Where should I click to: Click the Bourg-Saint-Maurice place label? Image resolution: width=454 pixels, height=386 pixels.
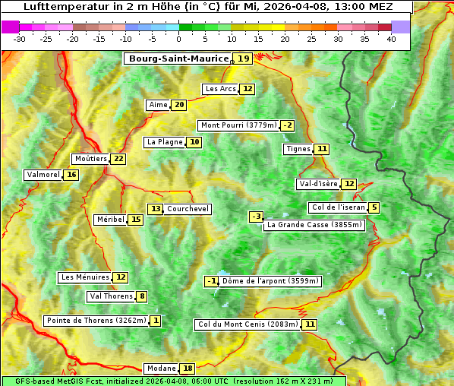(178, 59)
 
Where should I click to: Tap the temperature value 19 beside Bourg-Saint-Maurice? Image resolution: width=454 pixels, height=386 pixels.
(243, 59)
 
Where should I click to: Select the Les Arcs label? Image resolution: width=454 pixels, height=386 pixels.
(221, 89)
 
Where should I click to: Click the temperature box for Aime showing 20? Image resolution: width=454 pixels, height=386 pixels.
(178, 105)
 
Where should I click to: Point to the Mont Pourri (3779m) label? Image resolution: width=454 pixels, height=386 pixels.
(238, 125)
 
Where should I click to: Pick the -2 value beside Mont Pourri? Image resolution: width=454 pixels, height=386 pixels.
(287, 125)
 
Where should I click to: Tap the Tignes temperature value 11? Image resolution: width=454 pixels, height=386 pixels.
(323, 149)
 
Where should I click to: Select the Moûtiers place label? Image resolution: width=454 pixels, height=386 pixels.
(90, 159)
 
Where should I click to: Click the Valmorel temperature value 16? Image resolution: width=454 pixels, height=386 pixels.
(71, 175)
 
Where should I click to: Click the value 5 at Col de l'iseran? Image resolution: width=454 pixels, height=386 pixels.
(374, 207)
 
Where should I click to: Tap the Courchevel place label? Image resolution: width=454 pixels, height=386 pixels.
(188, 209)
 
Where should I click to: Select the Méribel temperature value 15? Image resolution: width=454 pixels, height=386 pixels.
(135, 220)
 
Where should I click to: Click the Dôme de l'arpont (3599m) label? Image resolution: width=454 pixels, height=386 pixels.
(271, 281)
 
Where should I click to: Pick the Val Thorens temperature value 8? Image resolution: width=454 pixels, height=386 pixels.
(142, 296)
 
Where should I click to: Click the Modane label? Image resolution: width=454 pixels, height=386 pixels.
(160, 369)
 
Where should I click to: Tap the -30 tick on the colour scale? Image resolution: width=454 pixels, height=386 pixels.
(20, 39)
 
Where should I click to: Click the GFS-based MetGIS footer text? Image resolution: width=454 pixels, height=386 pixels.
(173, 381)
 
